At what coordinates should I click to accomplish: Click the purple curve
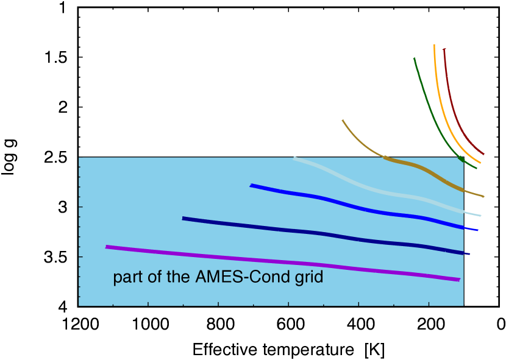280,262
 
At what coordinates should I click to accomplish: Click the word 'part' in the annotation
126,278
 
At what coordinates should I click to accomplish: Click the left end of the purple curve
107,247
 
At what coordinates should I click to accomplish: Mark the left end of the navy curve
184,218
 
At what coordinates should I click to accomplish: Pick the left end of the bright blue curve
251,185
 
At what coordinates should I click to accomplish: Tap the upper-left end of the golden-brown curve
343,121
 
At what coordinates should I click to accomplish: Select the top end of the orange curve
434,45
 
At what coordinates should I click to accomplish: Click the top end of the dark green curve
415,59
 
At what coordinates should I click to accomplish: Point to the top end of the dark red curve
444,49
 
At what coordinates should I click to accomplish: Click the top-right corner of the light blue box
463,158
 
